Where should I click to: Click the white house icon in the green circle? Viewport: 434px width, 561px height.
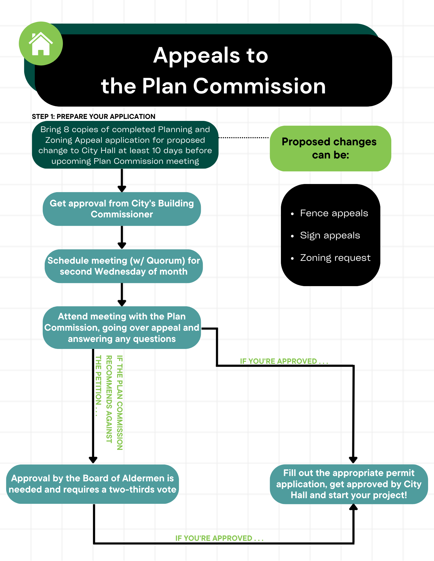(41, 44)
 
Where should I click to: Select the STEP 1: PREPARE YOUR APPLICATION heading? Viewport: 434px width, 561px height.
(94, 117)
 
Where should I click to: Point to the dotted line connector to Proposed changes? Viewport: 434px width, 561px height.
(244, 138)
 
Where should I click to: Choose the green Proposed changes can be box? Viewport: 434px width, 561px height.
(330, 148)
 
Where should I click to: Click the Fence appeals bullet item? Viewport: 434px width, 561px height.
(334, 213)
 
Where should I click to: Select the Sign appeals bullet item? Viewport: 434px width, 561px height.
(330, 235)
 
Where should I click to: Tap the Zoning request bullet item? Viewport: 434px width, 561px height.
(335, 257)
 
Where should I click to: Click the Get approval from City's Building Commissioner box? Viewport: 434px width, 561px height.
(122, 209)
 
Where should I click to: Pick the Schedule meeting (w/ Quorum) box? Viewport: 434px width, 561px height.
(124, 266)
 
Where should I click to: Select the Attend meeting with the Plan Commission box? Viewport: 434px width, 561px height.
(122, 328)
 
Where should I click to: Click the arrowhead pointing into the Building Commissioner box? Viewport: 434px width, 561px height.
(122, 189)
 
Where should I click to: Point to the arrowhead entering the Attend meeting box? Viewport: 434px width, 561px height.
(122, 303)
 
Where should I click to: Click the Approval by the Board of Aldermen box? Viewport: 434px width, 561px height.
(92, 484)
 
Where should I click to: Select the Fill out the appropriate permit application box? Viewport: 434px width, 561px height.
(349, 484)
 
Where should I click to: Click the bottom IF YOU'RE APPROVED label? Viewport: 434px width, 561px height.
(219, 538)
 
